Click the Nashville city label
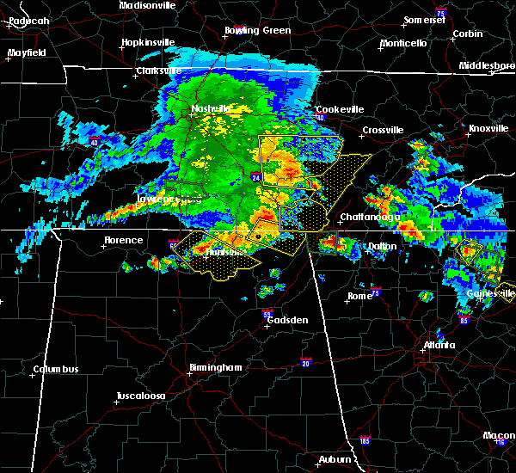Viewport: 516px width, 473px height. point(211,108)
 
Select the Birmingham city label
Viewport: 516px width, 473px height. point(216,367)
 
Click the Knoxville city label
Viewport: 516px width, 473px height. point(488,129)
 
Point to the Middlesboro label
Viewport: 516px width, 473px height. point(487,65)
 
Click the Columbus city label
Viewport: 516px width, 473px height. point(56,370)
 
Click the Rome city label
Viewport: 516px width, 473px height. point(359,296)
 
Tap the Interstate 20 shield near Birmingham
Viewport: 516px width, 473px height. point(305,362)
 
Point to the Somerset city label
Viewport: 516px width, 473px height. point(427,20)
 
